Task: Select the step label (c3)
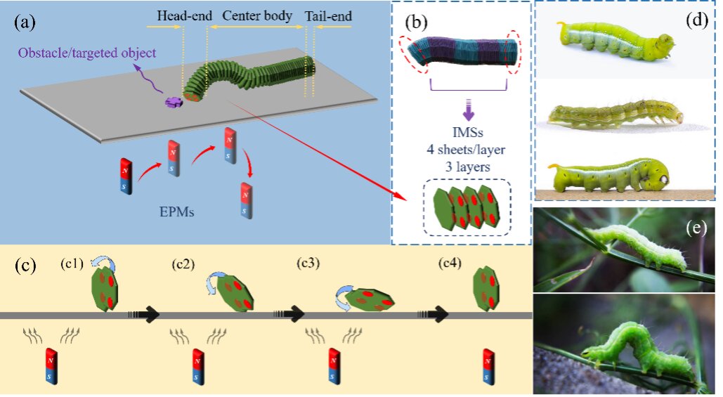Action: (x=308, y=265)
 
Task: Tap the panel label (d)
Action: (x=696, y=20)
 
